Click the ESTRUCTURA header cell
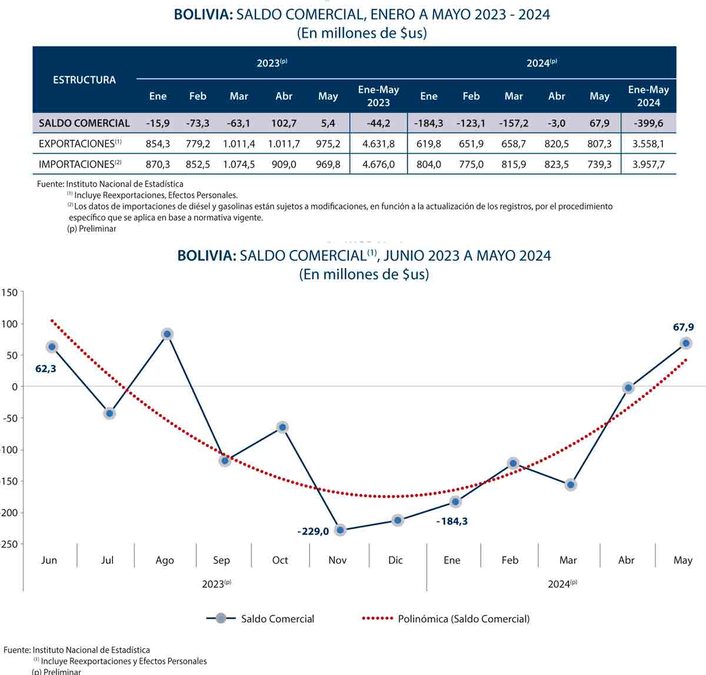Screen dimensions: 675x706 pos(84,80)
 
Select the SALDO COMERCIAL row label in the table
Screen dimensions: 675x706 pos(84,123)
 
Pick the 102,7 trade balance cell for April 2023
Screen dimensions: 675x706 pos(284,123)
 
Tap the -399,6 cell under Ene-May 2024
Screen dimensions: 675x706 pos(648,123)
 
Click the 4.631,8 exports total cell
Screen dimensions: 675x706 pos(378,144)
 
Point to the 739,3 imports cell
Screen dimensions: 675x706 pos(599,165)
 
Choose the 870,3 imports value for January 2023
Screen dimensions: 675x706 pos(158,165)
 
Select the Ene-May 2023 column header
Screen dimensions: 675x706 pos(378,96)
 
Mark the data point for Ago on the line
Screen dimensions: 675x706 pos(167,334)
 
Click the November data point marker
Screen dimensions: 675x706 pos(340,530)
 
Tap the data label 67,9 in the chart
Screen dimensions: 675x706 pos(682,327)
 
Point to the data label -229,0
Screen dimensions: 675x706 pos(313,532)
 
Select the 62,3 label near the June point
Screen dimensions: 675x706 pos(45,369)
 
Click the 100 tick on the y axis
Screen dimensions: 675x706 pos(10,324)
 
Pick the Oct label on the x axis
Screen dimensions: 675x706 pos(280,560)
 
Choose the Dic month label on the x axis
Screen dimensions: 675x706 pos(395,560)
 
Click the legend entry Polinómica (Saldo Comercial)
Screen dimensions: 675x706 pos(464,619)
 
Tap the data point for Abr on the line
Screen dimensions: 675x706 pos(628,387)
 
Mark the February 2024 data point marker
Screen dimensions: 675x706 pos(513,463)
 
